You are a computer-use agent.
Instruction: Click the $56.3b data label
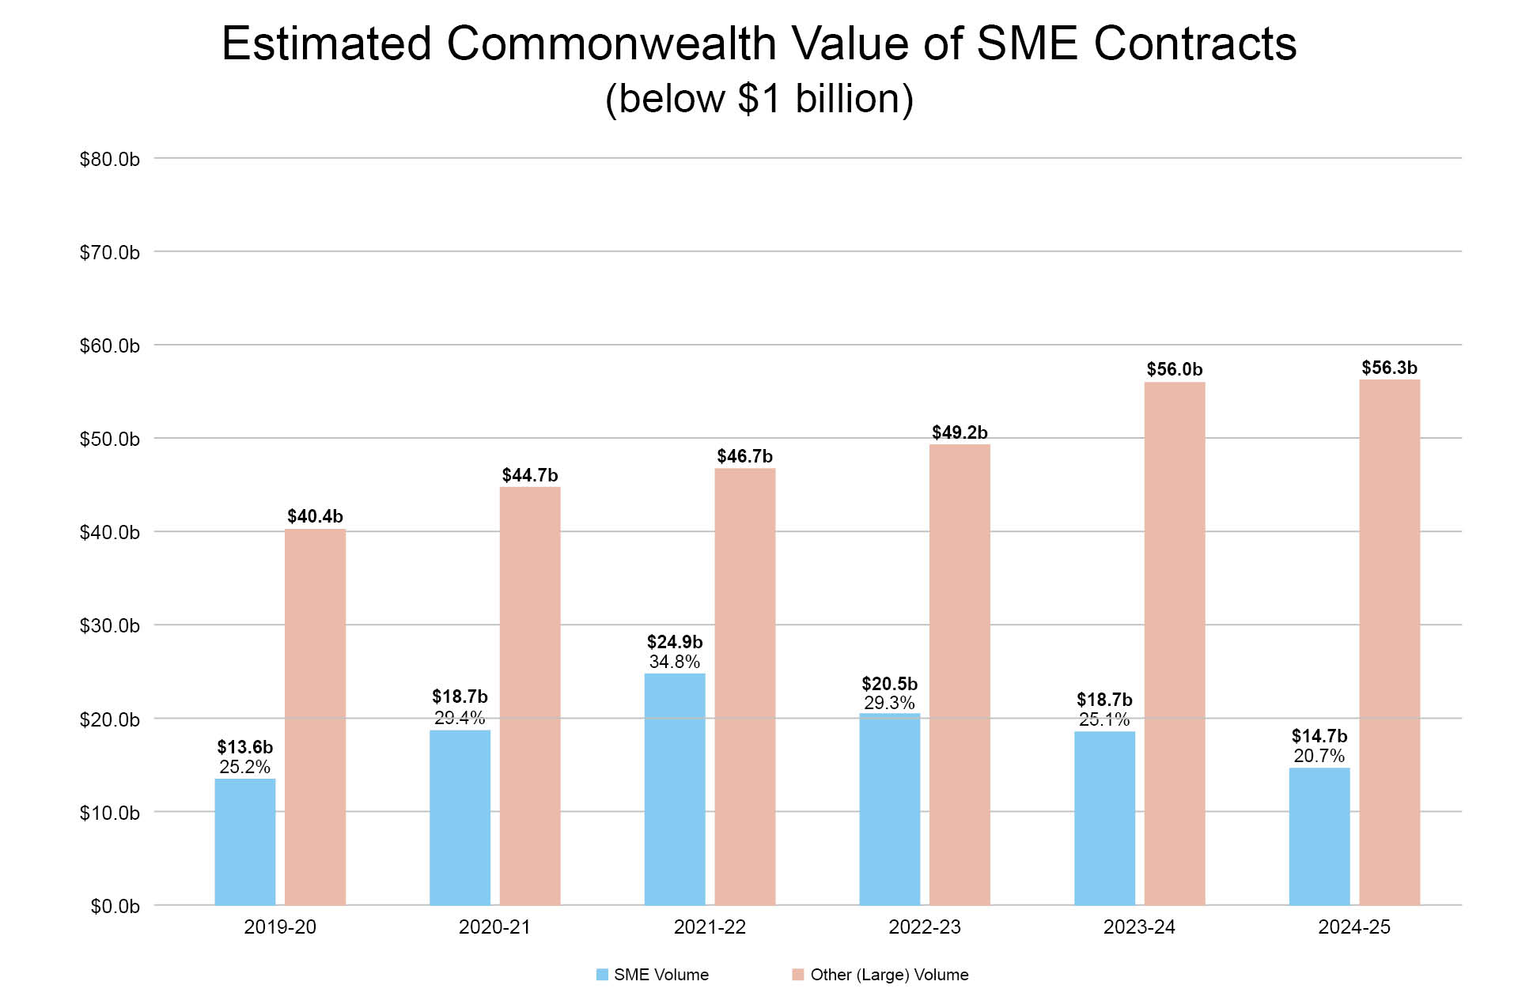1389,368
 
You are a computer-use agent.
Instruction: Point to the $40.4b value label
315,516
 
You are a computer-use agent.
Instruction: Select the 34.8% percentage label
674,662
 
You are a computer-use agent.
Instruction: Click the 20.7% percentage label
1319,756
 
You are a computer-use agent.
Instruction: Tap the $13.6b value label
245,747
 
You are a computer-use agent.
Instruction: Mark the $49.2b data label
960,432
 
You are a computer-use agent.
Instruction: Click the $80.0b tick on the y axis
110,160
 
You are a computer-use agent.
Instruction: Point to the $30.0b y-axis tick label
110,626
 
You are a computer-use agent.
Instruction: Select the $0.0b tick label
115,907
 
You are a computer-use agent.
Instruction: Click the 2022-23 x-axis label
924,927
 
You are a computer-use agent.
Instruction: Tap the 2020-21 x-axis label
494,927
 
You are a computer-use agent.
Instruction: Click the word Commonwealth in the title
611,43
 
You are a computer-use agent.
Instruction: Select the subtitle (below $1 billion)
759,99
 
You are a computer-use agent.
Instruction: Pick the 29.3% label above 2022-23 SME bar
889,703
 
